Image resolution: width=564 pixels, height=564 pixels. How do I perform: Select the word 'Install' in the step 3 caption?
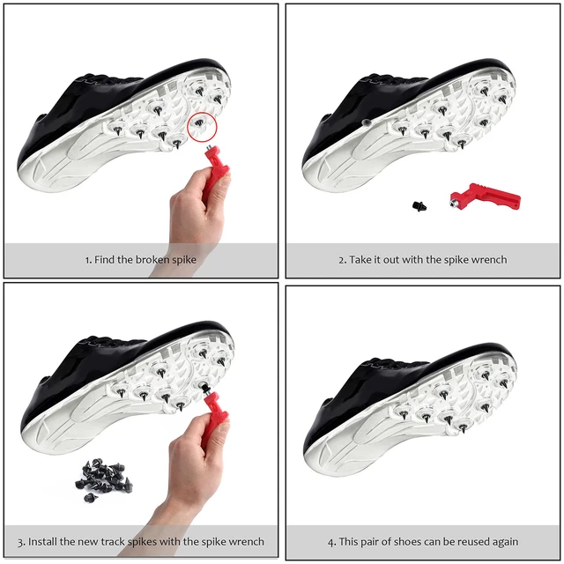[46, 541]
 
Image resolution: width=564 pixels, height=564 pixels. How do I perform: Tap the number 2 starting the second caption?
[343, 260]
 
